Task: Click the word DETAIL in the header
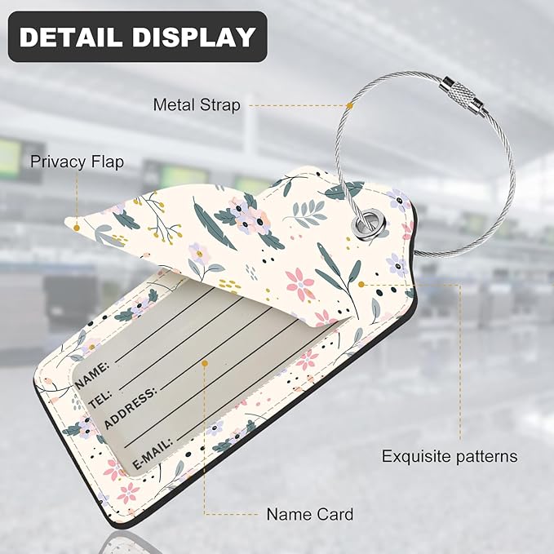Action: pyautogui.click(x=72, y=37)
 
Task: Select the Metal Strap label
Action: pyautogui.click(x=197, y=105)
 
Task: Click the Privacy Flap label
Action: pyautogui.click(x=77, y=162)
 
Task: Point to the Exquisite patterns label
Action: pyautogui.click(x=450, y=456)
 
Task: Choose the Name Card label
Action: pyautogui.click(x=310, y=514)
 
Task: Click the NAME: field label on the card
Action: pyautogui.click(x=92, y=375)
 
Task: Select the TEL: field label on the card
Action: pyautogui.click(x=100, y=399)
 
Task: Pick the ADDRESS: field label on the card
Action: pyautogui.click(x=130, y=408)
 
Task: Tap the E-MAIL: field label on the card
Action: pyautogui.click(x=153, y=454)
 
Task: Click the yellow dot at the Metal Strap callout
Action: pyautogui.click(x=349, y=105)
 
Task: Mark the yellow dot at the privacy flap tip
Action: pyautogui.click(x=77, y=228)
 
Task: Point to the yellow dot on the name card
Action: pyautogui.click(x=205, y=363)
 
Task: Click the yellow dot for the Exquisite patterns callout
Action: pyautogui.click(x=361, y=284)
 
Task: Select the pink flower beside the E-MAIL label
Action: pyautogui.click(x=113, y=470)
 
